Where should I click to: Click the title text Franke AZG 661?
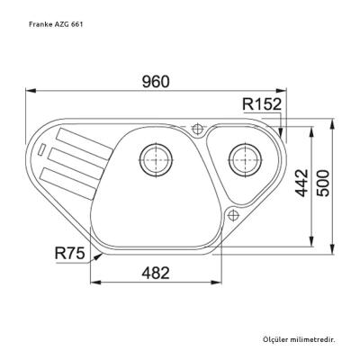49,21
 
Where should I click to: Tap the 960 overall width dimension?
155,81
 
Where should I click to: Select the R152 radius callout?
262,104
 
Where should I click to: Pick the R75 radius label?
68,255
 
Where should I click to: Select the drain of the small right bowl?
244,158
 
